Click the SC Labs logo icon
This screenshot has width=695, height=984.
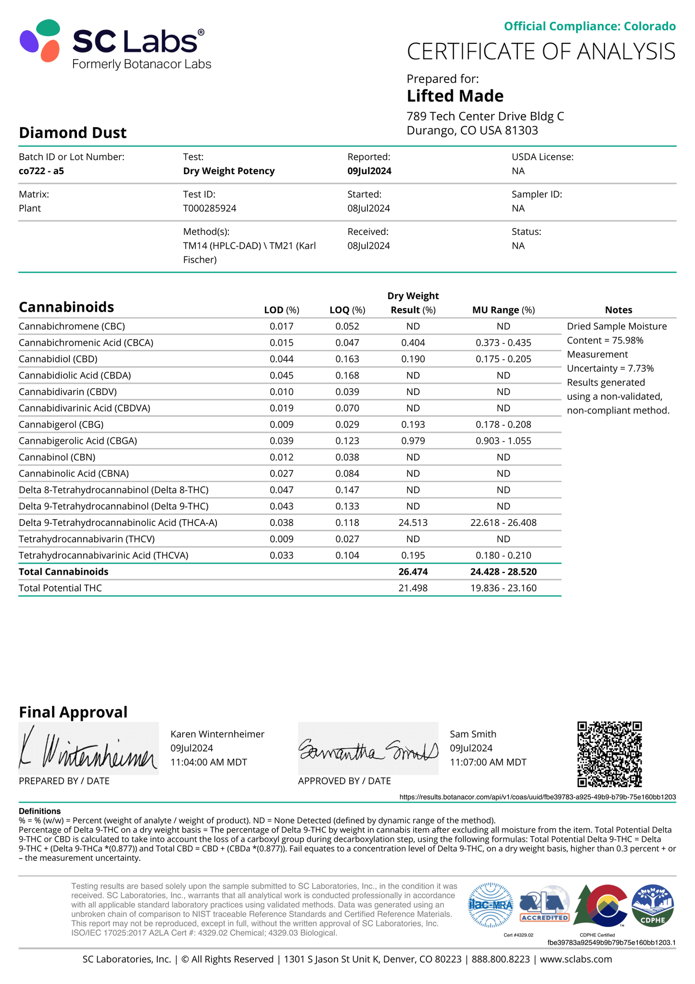40,41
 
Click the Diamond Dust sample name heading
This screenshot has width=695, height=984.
73,133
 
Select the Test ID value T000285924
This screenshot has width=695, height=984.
209,208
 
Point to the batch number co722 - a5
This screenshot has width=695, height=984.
41,171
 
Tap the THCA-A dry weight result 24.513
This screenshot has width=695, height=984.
413,523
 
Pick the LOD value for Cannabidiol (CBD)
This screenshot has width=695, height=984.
281,359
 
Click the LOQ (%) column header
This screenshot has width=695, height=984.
347,310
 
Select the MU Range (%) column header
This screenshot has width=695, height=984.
503,310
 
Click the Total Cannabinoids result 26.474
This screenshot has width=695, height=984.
413,572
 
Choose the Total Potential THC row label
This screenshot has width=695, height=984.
60,588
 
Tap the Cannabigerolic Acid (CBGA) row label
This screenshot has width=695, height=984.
78,441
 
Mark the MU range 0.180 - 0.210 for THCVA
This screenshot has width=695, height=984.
503,555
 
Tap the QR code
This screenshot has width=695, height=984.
609,754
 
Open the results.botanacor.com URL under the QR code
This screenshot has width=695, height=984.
537,797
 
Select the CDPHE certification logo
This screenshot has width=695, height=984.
652,906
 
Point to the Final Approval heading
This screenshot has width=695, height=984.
73,712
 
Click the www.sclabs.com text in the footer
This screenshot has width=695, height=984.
576,959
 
